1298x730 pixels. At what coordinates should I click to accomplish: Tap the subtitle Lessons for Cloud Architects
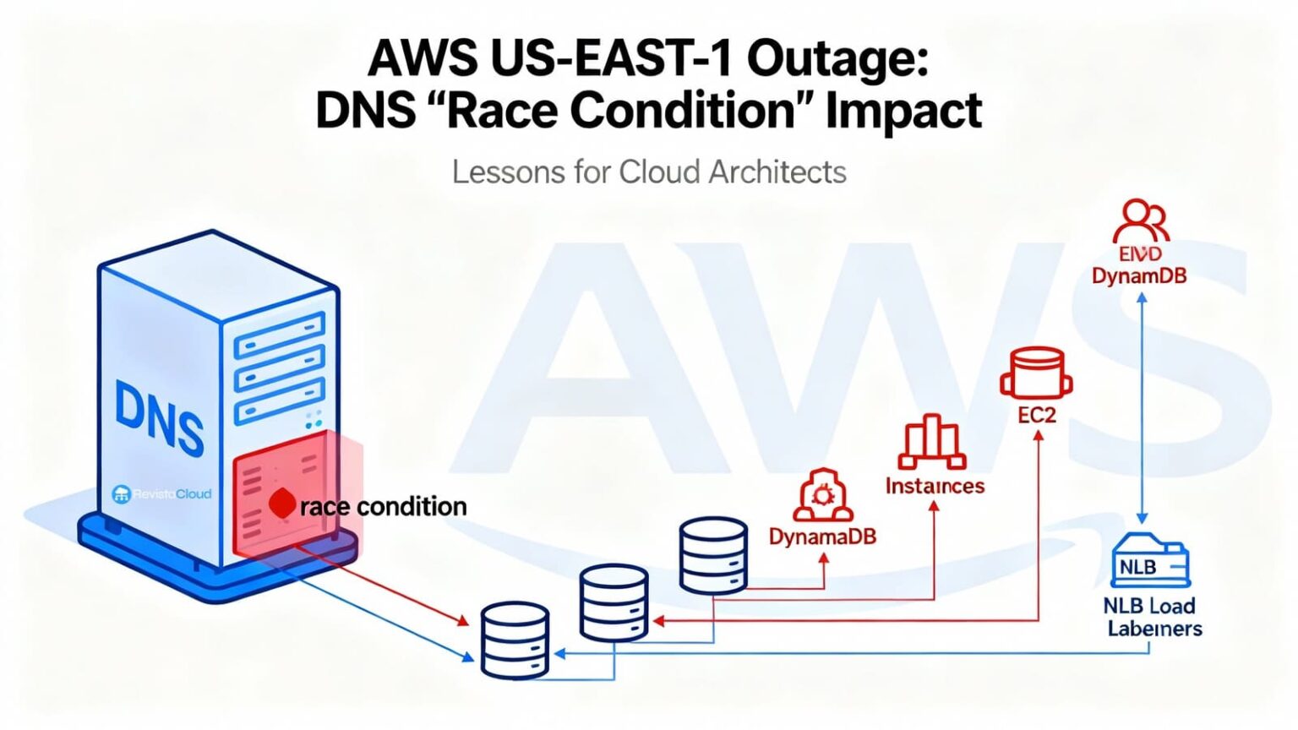click(x=649, y=172)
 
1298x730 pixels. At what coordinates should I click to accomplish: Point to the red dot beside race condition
click(x=282, y=504)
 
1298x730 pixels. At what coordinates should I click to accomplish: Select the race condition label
click(x=384, y=507)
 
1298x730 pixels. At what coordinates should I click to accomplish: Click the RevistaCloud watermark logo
click(x=162, y=494)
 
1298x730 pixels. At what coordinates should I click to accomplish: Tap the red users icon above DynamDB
click(x=1141, y=221)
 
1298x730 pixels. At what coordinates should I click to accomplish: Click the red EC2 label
click(x=1037, y=415)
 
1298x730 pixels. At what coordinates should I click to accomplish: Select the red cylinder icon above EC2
click(x=1036, y=373)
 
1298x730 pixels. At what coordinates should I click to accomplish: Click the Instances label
click(x=935, y=486)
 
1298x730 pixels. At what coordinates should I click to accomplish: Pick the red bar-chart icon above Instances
click(x=932, y=442)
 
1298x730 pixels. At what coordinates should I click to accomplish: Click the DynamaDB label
click(x=822, y=536)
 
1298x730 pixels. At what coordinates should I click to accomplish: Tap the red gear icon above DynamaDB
click(x=822, y=495)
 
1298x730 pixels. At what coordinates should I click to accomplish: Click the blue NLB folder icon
click(x=1149, y=561)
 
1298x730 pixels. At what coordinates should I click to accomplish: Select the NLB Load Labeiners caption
click(x=1152, y=617)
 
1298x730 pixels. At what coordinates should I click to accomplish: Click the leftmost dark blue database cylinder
click(x=515, y=640)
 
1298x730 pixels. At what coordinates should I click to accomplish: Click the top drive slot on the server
click(x=279, y=334)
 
